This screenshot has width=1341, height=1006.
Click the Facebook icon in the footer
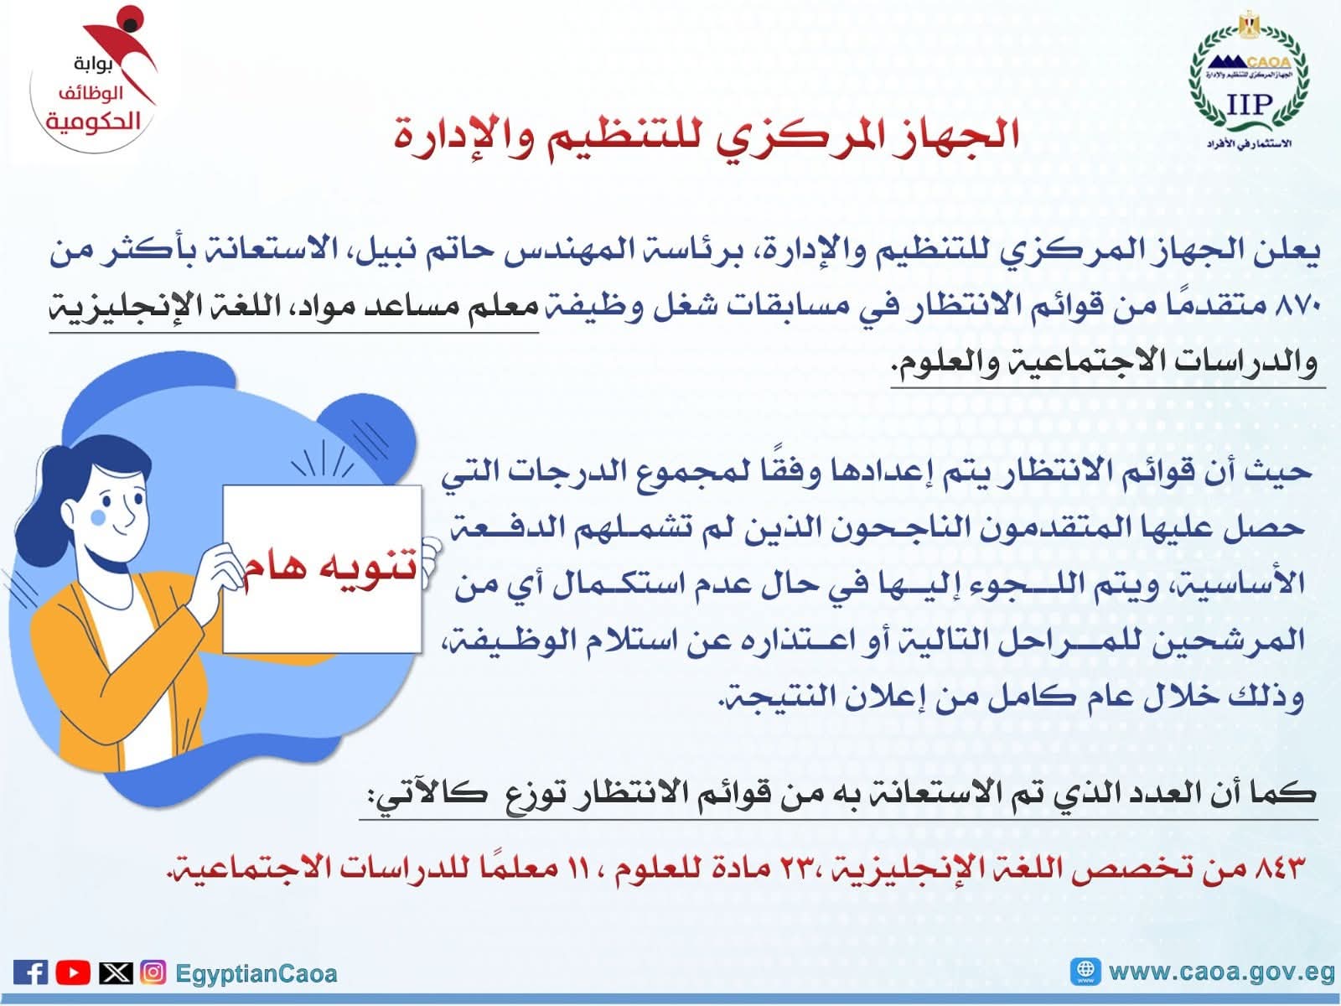(30, 972)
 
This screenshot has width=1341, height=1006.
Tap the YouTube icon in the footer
(73, 972)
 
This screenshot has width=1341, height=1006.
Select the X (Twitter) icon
(116, 972)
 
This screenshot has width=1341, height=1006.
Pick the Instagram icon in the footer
(153, 972)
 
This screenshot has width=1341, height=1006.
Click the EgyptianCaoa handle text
(256, 973)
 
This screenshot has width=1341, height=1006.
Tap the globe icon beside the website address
(1085, 971)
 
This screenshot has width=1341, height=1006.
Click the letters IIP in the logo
(1249, 105)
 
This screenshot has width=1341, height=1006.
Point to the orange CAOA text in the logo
(1269, 62)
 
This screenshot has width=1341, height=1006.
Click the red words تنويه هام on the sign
(330, 568)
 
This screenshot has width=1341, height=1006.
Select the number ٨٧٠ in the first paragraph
(1298, 306)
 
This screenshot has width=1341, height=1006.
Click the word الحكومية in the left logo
(93, 122)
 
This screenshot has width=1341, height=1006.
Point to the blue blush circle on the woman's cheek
(98, 518)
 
